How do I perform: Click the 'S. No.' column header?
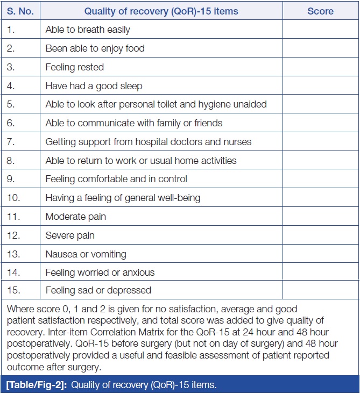pos(20,11)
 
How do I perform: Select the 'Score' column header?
pos(320,11)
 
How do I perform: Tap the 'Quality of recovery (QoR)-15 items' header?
pos(161,11)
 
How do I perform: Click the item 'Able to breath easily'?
pos(88,30)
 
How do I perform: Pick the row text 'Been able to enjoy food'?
pos(95,48)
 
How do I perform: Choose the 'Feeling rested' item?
pos(74,67)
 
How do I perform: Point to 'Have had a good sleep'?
pos(94,86)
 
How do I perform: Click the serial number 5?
pos(11,104)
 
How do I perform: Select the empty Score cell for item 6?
pos(320,123)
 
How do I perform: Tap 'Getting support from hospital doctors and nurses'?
pos(148,142)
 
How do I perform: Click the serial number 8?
pos(11,160)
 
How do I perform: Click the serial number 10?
pos(13,198)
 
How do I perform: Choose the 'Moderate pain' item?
pos(75,217)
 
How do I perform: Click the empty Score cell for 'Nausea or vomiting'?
pos(320,254)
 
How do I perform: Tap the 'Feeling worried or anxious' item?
pos(100,273)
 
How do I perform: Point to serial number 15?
pos(13,290)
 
